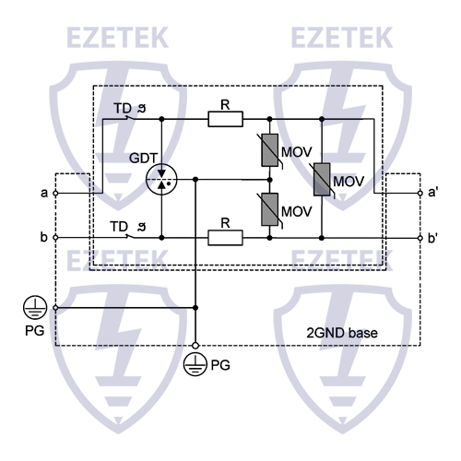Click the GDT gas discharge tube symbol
click(x=162, y=179)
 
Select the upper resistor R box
click(x=225, y=119)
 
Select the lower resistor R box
click(x=225, y=238)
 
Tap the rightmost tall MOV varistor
click(x=321, y=179)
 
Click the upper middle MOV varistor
click(x=269, y=149)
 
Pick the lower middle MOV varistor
click(x=269, y=208)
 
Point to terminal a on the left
click(x=55, y=194)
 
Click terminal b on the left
click(x=55, y=238)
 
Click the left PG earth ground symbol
click(x=36, y=308)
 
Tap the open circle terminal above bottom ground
click(x=195, y=338)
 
